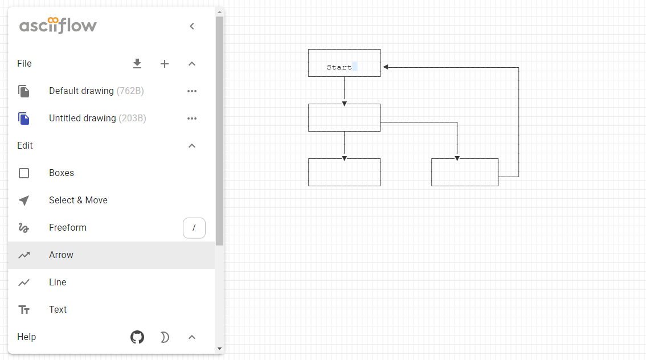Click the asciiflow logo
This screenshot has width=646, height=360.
click(x=58, y=26)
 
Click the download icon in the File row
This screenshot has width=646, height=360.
click(x=137, y=63)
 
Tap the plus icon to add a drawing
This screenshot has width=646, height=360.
click(x=165, y=64)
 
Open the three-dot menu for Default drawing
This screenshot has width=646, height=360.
click(x=192, y=91)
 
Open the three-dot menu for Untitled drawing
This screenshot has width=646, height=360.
click(x=192, y=118)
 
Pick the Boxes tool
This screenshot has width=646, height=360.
click(x=62, y=173)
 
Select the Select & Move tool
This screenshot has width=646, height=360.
click(x=78, y=200)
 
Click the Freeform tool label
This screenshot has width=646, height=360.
click(x=68, y=227)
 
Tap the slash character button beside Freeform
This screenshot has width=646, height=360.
click(x=194, y=228)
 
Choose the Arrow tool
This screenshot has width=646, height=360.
click(x=61, y=255)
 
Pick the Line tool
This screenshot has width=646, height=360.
click(x=58, y=282)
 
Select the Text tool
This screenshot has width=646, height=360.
click(x=58, y=309)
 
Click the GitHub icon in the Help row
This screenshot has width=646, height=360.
click(x=137, y=337)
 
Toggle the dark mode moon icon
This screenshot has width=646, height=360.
click(x=165, y=337)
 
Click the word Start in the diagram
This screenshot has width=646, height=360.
click(x=339, y=67)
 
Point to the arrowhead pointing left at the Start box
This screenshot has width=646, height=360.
click(x=385, y=67)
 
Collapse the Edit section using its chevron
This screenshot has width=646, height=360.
click(x=192, y=146)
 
